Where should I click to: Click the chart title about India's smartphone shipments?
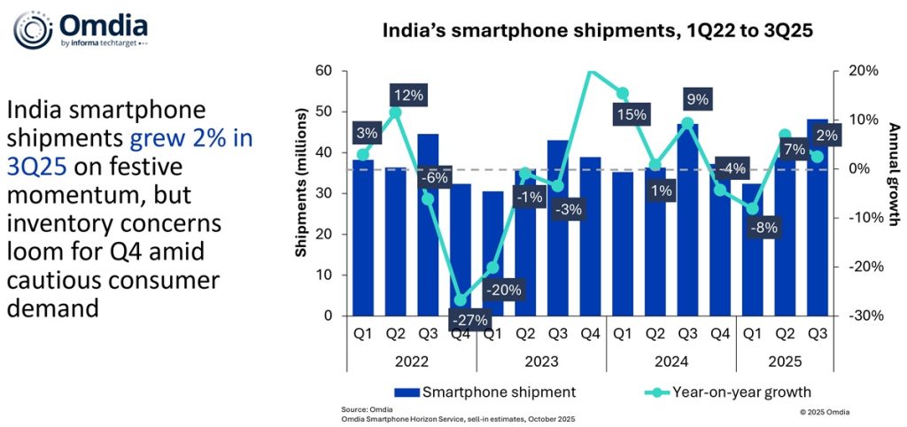click(x=597, y=30)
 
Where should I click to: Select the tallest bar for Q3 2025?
click(x=817, y=221)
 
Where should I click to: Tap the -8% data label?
click(x=764, y=227)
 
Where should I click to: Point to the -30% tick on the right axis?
click(x=863, y=315)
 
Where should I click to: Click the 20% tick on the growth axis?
click(x=863, y=71)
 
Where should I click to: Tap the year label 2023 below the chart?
click(x=540, y=361)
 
